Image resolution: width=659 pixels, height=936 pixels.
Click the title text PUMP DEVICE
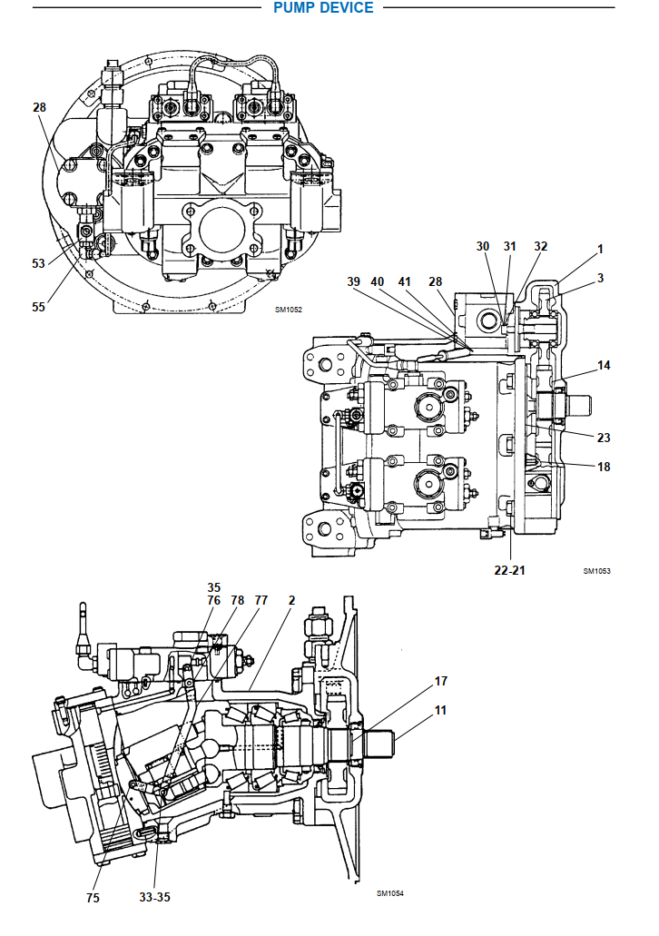click(323, 8)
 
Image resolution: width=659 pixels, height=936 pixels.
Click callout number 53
click(38, 263)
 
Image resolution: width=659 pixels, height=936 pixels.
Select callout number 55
click(38, 307)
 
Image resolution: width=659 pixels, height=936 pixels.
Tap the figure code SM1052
click(288, 310)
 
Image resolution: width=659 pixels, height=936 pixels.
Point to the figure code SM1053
click(596, 571)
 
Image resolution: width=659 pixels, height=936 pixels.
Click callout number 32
click(540, 246)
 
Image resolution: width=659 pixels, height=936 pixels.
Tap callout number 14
click(604, 365)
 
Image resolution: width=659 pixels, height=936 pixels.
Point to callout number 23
click(604, 437)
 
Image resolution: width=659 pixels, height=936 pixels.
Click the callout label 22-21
click(509, 569)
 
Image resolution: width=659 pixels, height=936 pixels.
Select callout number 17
click(441, 680)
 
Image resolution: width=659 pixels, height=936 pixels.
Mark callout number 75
click(93, 899)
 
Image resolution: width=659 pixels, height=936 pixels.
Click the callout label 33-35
click(154, 897)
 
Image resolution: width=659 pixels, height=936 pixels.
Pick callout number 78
click(237, 600)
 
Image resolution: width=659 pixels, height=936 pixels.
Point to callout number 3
click(600, 278)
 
